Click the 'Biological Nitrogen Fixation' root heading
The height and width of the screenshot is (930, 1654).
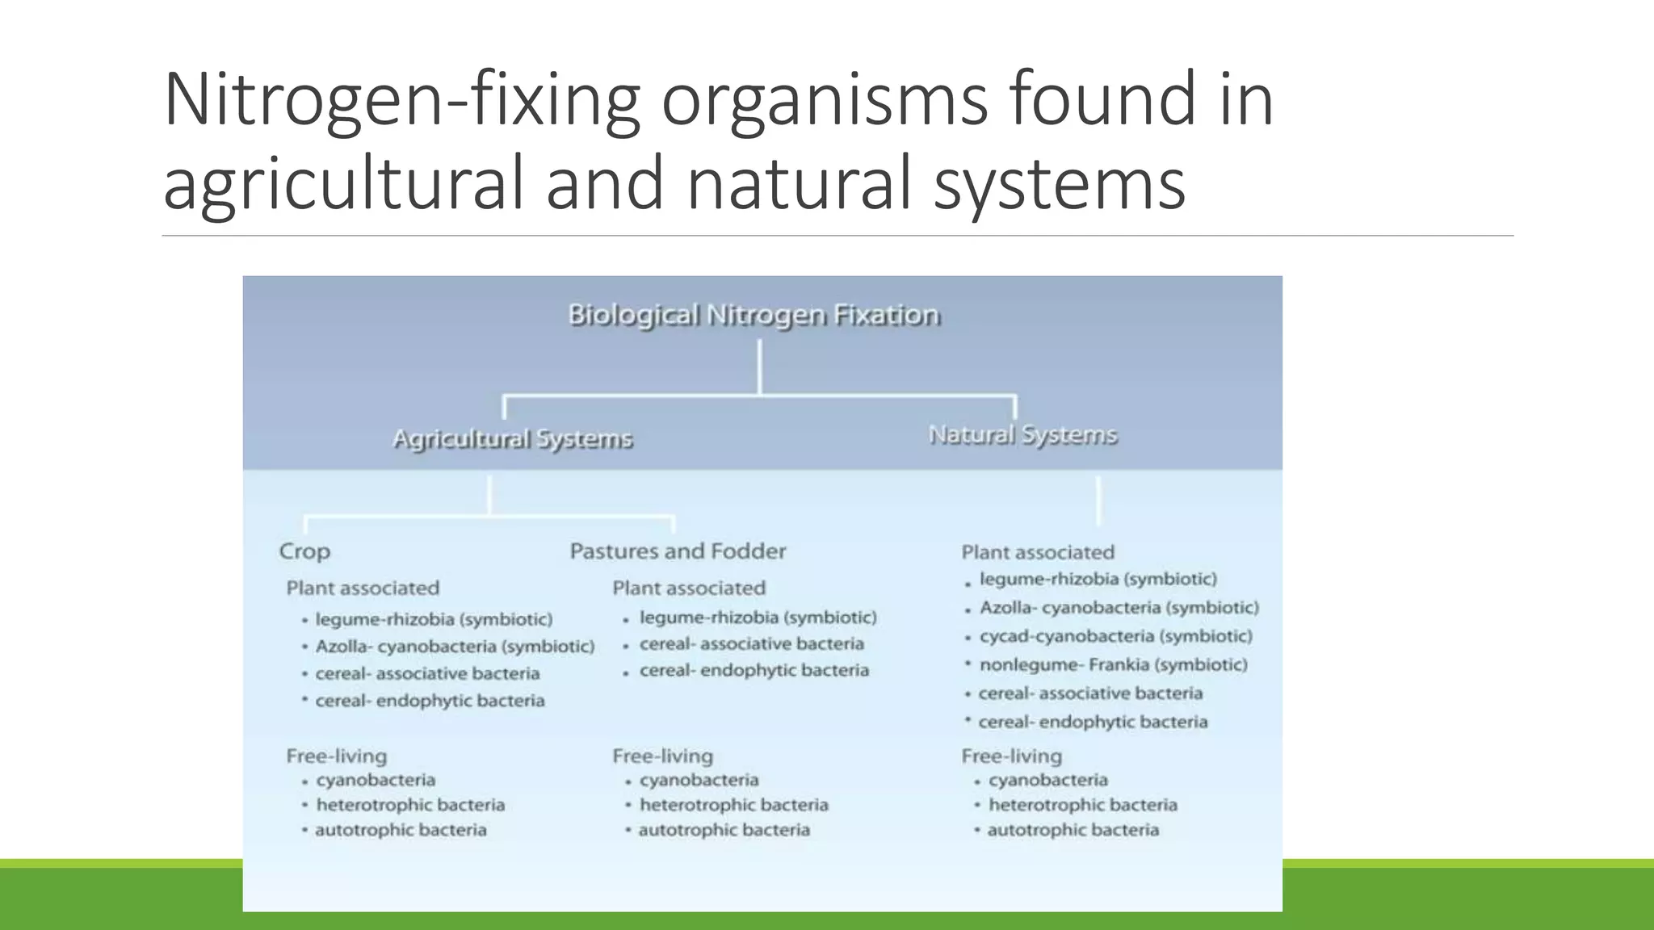click(754, 315)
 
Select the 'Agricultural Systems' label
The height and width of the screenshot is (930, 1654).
click(513, 439)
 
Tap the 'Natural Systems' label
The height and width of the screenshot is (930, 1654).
click(1022, 435)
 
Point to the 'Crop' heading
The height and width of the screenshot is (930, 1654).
click(304, 551)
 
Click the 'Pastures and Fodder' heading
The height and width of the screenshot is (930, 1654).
click(678, 551)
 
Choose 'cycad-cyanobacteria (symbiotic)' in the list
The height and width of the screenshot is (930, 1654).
click(1115, 636)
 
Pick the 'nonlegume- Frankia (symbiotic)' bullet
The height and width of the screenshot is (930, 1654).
click(1113, 664)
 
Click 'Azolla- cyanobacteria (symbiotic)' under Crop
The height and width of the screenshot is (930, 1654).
click(455, 647)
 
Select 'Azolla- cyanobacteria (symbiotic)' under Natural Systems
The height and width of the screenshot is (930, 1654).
click(1119, 608)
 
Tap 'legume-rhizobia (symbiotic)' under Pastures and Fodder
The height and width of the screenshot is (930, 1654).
click(758, 618)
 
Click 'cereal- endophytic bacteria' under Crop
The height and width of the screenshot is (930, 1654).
click(430, 701)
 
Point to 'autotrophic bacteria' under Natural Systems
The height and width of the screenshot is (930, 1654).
click(1073, 830)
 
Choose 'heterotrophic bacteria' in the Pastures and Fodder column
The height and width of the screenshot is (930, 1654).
click(733, 805)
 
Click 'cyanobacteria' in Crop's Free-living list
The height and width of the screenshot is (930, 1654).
click(376, 780)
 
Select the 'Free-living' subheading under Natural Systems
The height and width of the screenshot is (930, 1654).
click(1011, 756)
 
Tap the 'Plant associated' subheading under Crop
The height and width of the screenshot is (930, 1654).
click(363, 588)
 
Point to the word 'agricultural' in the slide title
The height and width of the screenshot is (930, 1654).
click(344, 183)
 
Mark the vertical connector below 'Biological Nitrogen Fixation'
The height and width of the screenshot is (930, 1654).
click(759, 367)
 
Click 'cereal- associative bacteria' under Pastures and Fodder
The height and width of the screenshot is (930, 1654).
click(751, 644)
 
